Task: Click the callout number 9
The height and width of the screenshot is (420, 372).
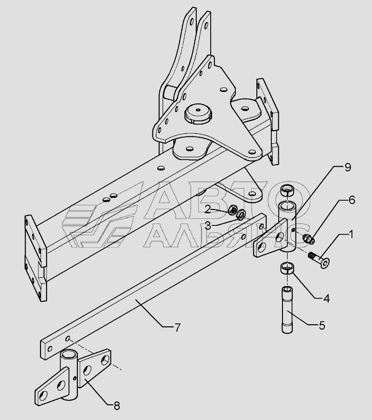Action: click(348, 168)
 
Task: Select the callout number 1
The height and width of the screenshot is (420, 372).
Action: click(351, 234)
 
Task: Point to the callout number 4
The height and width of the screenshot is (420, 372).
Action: click(326, 298)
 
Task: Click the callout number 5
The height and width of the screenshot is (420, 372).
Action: click(322, 325)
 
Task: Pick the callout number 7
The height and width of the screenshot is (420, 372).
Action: click(178, 328)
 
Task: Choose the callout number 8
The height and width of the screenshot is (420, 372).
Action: click(117, 406)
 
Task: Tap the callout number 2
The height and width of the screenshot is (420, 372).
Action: click(208, 210)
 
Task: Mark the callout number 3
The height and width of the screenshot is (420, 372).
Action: click(208, 226)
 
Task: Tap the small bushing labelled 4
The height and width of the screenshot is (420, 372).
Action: click(287, 268)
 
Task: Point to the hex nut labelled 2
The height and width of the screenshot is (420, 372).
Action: click(233, 209)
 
